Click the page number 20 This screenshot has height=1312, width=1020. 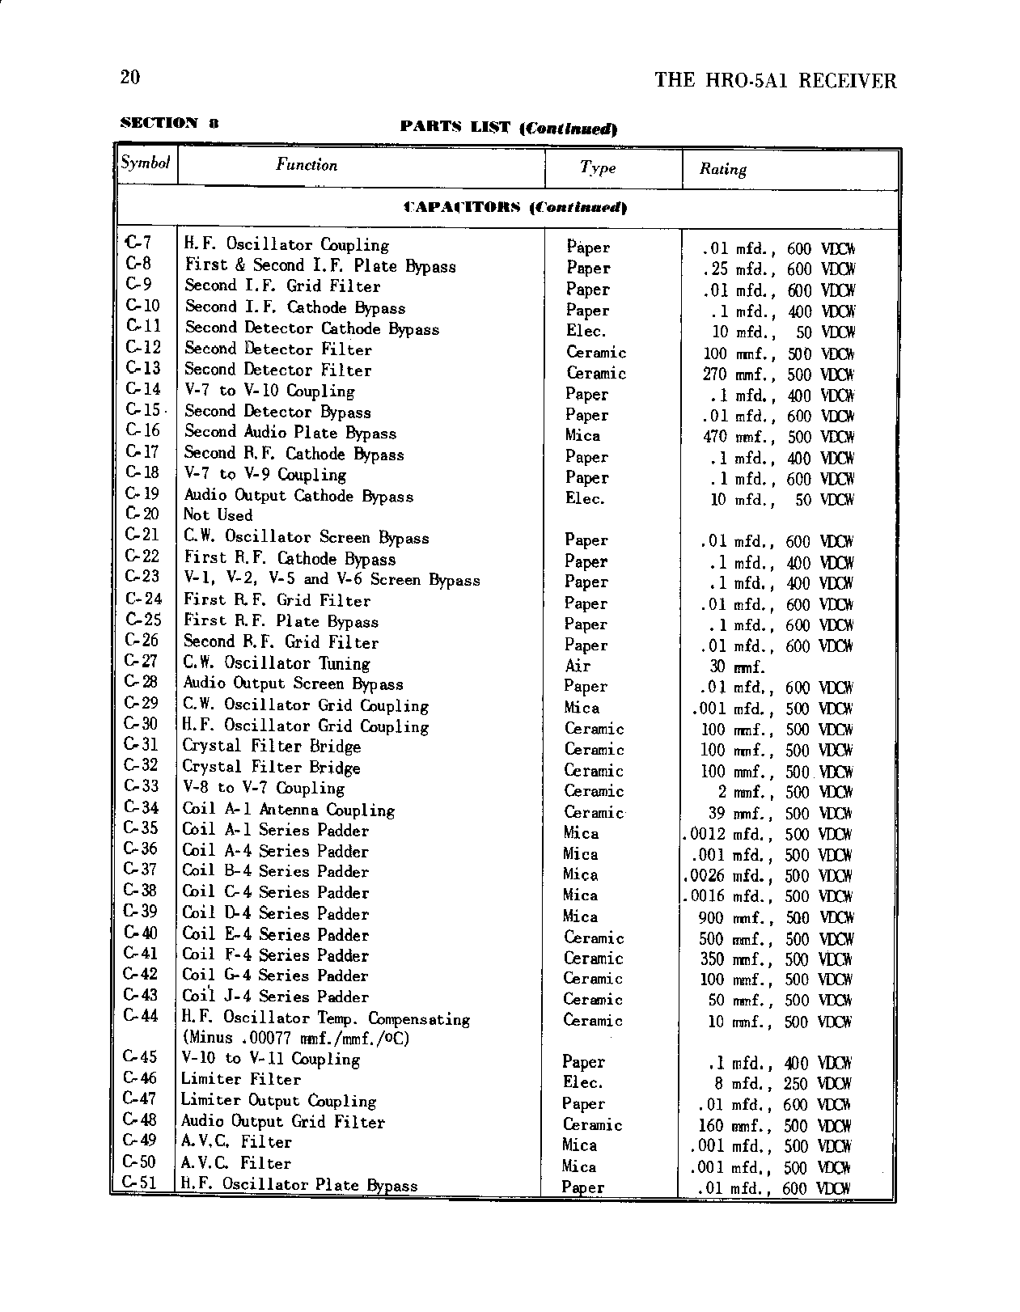pos(129,78)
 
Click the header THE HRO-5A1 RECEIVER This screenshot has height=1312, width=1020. pos(775,80)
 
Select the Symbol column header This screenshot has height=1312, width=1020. pos(145,163)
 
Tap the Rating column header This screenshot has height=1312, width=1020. pos(722,169)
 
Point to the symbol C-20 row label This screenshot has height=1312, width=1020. pos(142,514)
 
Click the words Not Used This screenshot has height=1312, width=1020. pos(218,515)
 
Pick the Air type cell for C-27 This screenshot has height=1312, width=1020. pos(578,666)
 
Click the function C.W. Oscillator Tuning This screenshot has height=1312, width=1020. pos(276,663)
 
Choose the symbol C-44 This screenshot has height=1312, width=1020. pos(140,1016)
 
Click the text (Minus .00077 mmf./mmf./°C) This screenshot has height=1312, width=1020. pos(296,1038)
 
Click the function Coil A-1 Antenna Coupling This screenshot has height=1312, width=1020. pos(288,809)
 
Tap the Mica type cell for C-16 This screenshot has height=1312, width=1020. pos(582,435)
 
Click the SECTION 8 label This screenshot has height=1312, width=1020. pos(169,123)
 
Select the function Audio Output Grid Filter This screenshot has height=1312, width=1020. pos(282,1121)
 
